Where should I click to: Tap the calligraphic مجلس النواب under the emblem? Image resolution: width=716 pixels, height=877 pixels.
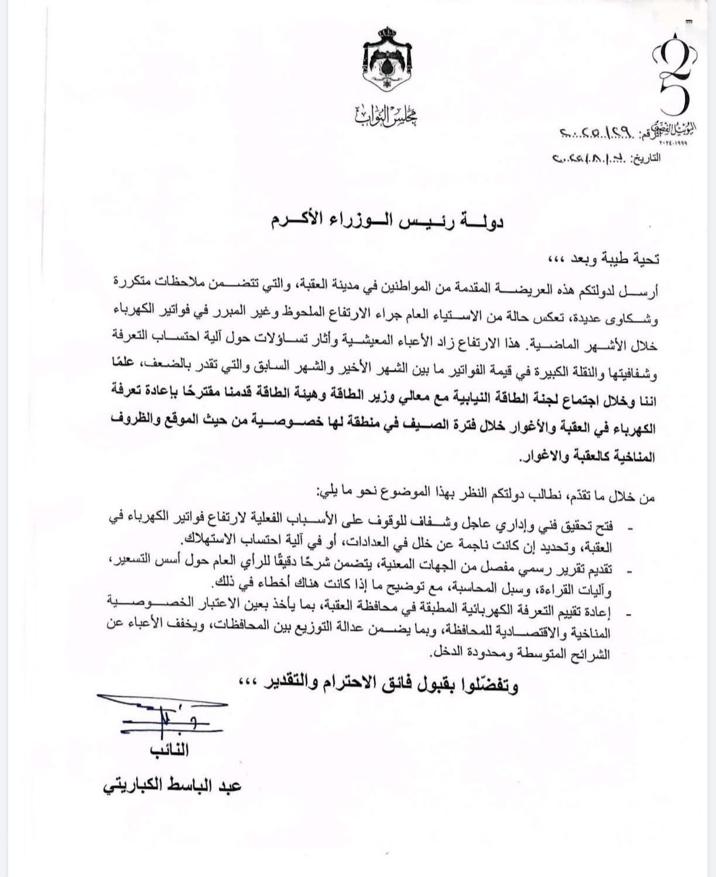pyautogui.click(x=386, y=115)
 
